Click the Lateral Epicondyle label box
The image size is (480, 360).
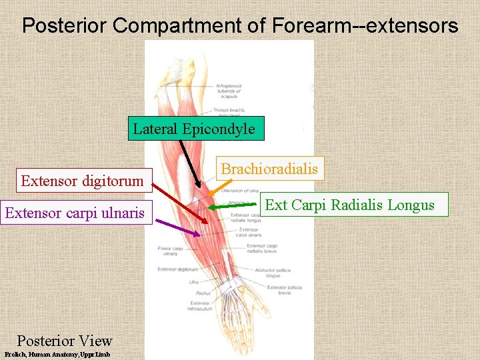pos(194,129)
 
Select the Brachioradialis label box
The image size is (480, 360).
pos(269,169)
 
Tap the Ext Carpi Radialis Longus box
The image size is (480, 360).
pos(349,205)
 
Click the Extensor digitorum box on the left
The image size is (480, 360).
pos(83,181)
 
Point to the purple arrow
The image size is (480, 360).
pos(177,227)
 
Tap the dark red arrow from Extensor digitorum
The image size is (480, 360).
pos(180,200)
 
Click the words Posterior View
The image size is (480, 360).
pos(64,341)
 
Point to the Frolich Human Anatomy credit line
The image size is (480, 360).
pos(57,355)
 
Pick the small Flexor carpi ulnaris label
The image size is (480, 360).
pos(167,251)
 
